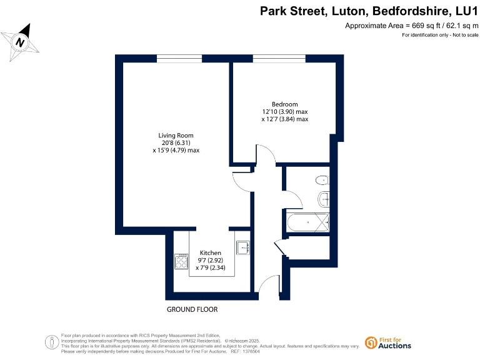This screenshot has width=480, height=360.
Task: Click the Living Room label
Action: [x=176, y=136]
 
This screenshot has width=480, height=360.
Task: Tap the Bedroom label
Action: [x=284, y=104]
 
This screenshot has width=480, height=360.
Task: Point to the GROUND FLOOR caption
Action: [x=192, y=309]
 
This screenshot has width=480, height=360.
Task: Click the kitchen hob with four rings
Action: [x=182, y=261]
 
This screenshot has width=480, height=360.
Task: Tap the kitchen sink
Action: [x=243, y=247]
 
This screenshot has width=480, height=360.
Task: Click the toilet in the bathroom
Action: [x=322, y=181]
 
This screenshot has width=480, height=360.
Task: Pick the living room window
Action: [x=174, y=59]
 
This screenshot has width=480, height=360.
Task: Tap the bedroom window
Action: [x=279, y=59]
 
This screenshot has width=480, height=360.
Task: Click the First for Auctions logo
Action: [x=387, y=342]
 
